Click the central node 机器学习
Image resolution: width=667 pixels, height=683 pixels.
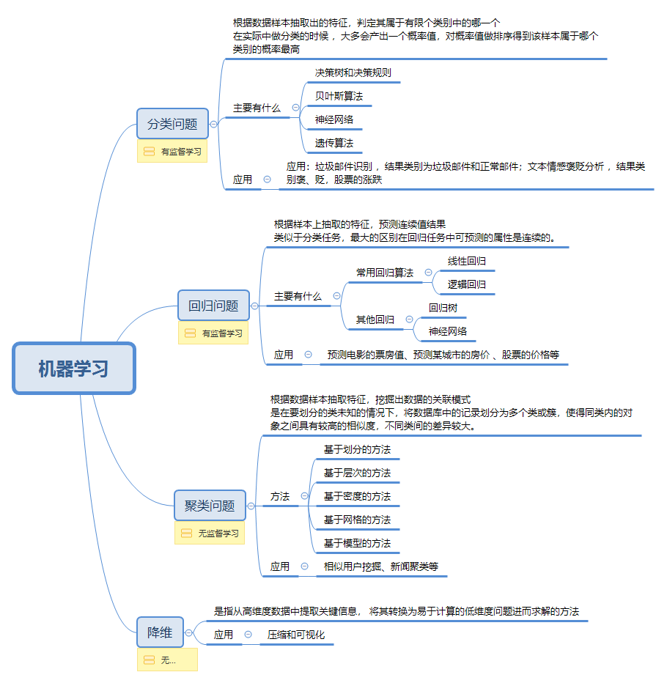(x=74, y=369)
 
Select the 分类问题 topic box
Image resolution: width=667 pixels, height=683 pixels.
(x=172, y=124)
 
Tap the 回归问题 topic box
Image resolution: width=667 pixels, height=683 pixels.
(x=213, y=306)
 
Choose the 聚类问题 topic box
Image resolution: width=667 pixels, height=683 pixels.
(x=210, y=506)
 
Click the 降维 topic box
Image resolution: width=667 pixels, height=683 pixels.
(x=160, y=632)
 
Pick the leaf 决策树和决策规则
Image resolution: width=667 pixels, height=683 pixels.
(x=353, y=73)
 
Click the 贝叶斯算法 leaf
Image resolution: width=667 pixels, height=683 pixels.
(x=339, y=96)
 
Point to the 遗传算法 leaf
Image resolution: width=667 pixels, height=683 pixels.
(x=334, y=143)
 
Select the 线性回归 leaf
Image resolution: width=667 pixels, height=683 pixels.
(x=467, y=261)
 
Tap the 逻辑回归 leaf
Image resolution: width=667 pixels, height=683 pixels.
(x=467, y=284)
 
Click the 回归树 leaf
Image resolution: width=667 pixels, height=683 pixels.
(x=443, y=308)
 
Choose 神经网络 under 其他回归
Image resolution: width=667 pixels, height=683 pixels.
(x=448, y=331)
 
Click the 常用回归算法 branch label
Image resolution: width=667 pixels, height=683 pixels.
(x=385, y=273)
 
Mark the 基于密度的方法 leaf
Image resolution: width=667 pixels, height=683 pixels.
(x=357, y=496)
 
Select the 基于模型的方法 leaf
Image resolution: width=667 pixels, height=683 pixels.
(x=357, y=543)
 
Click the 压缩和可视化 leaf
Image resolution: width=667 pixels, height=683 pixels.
(x=295, y=635)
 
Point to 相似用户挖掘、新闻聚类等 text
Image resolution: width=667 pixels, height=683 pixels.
(x=381, y=566)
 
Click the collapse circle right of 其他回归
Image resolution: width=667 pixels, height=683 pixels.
(x=409, y=320)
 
